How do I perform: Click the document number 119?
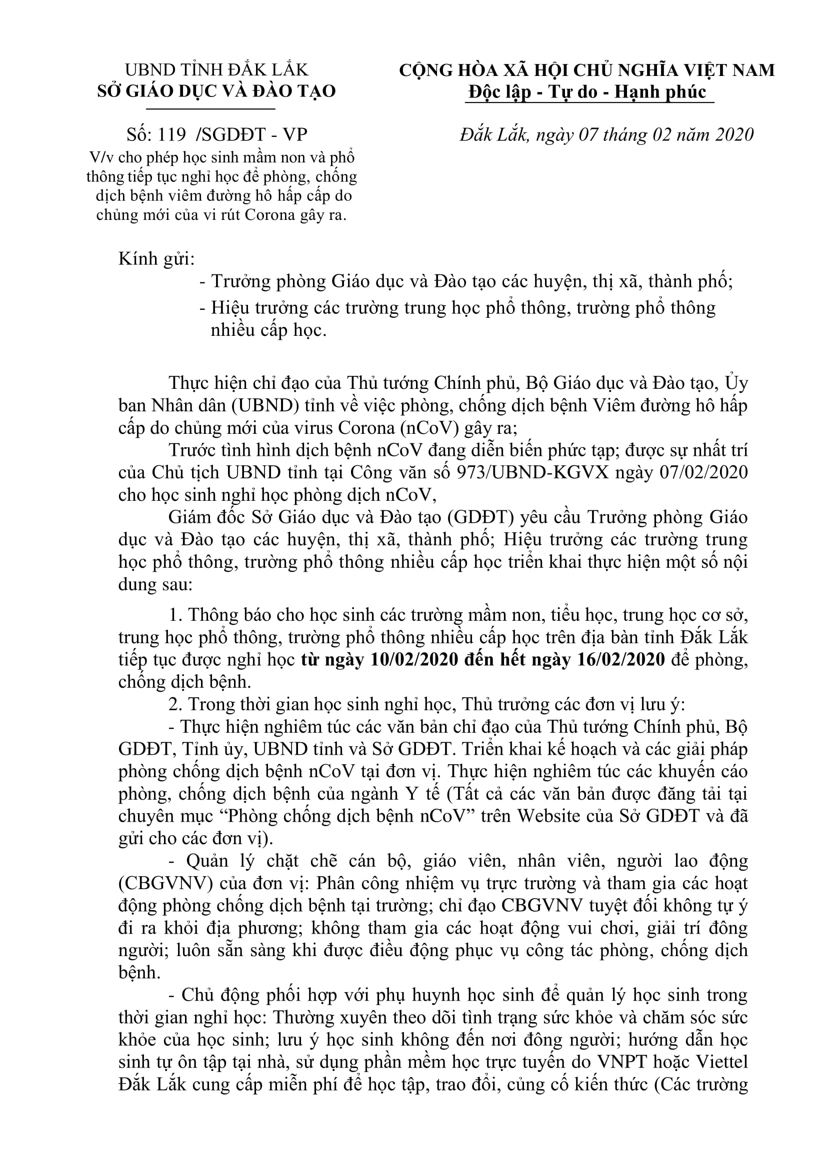pyautogui.click(x=172, y=134)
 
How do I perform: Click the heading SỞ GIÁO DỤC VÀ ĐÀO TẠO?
pyautogui.click(x=216, y=91)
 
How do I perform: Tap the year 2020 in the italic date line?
pyautogui.click(x=731, y=134)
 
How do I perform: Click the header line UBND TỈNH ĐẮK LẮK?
pyautogui.click(x=217, y=70)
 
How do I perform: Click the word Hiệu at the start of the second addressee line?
pyautogui.click(x=228, y=307)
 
